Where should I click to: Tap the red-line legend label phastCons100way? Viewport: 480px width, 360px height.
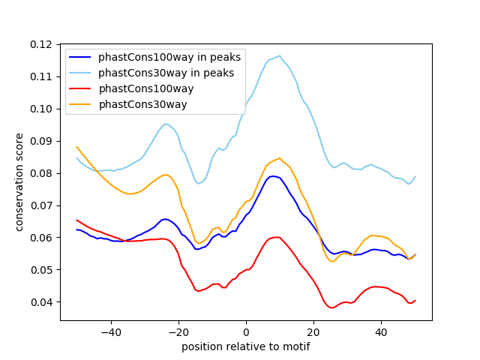pos(146,88)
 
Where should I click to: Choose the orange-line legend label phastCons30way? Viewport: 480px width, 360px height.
pos(142,104)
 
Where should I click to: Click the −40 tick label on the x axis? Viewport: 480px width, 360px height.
pos(111,331)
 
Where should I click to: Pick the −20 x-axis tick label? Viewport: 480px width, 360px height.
pos(178,331)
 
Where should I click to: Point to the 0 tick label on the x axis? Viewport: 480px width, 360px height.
pos(246,331)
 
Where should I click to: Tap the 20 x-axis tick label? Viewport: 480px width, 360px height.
pos(313,331)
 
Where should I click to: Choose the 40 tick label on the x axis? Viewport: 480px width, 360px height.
pos(381,331)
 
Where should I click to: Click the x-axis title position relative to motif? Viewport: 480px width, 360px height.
pos(246,346)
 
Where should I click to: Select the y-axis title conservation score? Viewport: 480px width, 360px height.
pos(19,182)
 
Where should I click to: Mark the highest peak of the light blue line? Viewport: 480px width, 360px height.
pos(280,55)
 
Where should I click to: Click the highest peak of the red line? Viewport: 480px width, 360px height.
pos(277,237)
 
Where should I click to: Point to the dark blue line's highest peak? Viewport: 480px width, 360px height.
pos(274,176)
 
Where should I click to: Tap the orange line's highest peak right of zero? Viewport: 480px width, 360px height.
pos(280,158)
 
